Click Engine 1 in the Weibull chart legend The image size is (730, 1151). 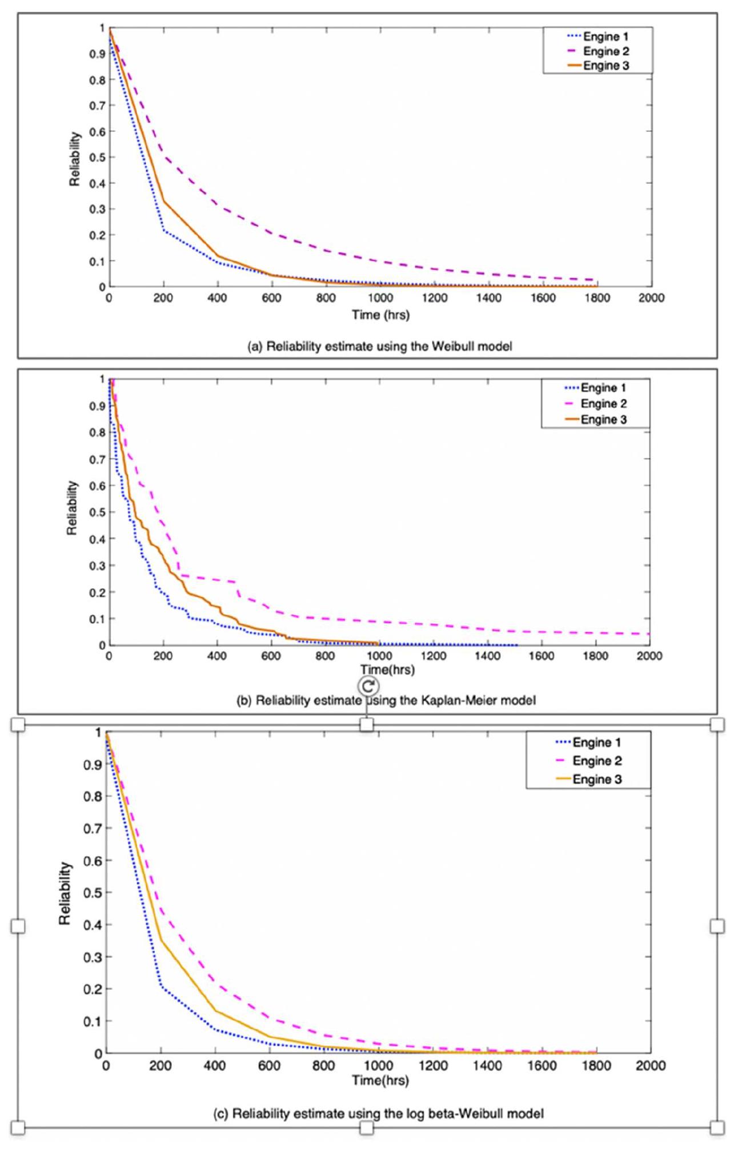[x=605, y=37]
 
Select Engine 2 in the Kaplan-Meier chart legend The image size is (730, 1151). [x=603, y=404]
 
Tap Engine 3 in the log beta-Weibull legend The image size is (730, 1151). [x=597, y=779]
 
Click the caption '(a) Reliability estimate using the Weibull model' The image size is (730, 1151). [x=379, y=346]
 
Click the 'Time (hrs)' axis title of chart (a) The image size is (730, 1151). [x=380, y=315]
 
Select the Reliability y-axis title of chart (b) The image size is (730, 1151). [x=72, y=508]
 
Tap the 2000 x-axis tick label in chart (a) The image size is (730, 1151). [x=651, y=298]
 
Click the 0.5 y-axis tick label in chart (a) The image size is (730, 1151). [x=98, y=158]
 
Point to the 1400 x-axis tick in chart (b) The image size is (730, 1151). [x=487, y=656]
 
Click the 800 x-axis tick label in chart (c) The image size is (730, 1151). [x=324, y=1065]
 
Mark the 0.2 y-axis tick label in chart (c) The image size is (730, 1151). [x=92, y=989]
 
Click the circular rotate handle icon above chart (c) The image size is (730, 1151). [x=368, y=686]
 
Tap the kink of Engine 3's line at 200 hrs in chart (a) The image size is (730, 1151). [x=164, y=201]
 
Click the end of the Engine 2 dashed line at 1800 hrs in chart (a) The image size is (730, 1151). [x=596, y=280]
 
